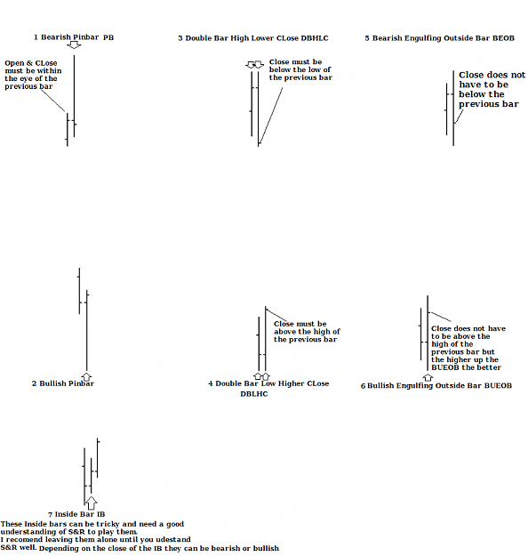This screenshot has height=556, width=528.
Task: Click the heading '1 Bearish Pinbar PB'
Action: point(74,37)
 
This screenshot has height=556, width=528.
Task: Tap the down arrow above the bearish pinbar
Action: point(74,44)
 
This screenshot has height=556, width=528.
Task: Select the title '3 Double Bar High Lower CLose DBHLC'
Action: point(253,38)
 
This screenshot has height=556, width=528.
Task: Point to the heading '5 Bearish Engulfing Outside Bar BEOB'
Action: point(439,38)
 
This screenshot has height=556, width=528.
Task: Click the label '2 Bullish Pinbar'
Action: point(63,383)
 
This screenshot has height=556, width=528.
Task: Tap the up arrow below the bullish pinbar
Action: point(86,376)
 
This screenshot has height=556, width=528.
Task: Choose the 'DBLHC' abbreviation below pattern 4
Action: point(254,394)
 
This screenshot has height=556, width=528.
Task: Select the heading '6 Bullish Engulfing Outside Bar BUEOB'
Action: point(436,386)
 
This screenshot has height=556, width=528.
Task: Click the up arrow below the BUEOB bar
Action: point(428,377)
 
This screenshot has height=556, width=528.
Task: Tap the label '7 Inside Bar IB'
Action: point(76,514)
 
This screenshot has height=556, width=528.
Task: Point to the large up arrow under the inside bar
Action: point(92,503)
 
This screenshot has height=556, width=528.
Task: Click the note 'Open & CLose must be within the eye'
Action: point(33,75)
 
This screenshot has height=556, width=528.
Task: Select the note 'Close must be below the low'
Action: point(300,70)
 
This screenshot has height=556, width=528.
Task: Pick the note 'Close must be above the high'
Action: point(307,332)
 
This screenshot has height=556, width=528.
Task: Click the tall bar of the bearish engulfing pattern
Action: point(453,109)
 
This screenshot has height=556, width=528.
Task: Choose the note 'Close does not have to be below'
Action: point(492,89)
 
